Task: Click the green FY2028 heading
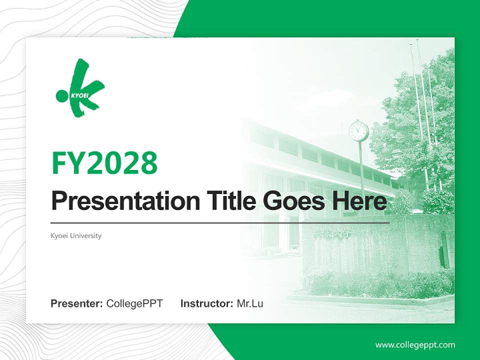pos(104,163)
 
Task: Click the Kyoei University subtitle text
pos(76,235)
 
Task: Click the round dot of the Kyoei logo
pos(62,95)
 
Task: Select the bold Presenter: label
pos(77,303)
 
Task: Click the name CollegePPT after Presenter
pos(134,303)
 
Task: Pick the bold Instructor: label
pos(206,303)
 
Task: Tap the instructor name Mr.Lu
pos(250,303)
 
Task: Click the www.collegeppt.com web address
pos(415,345)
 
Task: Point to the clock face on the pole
pos(358,131)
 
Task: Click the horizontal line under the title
pos(220,222)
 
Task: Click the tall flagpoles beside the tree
pos(420,100)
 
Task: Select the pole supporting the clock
pos(361,170)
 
